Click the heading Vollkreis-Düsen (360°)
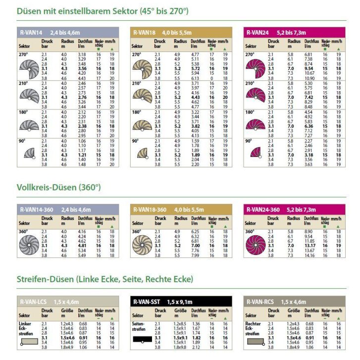(x=58, y=187)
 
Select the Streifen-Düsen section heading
(x=104, y=279)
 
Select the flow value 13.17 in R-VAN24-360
(x=309, y=246)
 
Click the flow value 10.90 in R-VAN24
(x=309, y=78)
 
